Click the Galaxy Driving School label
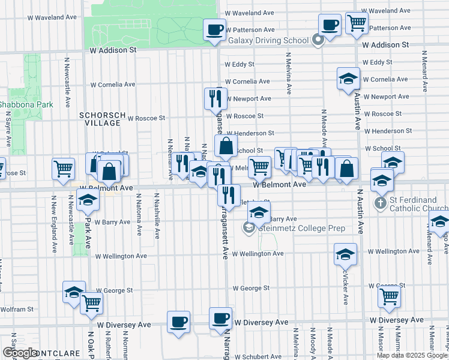(x=268, y=41)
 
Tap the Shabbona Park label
(x=25, y=104)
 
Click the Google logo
(x=20, y=353)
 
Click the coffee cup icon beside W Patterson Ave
(x=214, y=29)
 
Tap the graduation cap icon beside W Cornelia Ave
(x=348, y=79)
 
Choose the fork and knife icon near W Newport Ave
(x=215, y=97)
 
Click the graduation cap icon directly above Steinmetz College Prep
(x=259, y=212)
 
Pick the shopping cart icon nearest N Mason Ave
(x=389, y=295)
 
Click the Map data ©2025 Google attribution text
(x=412, y=355)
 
